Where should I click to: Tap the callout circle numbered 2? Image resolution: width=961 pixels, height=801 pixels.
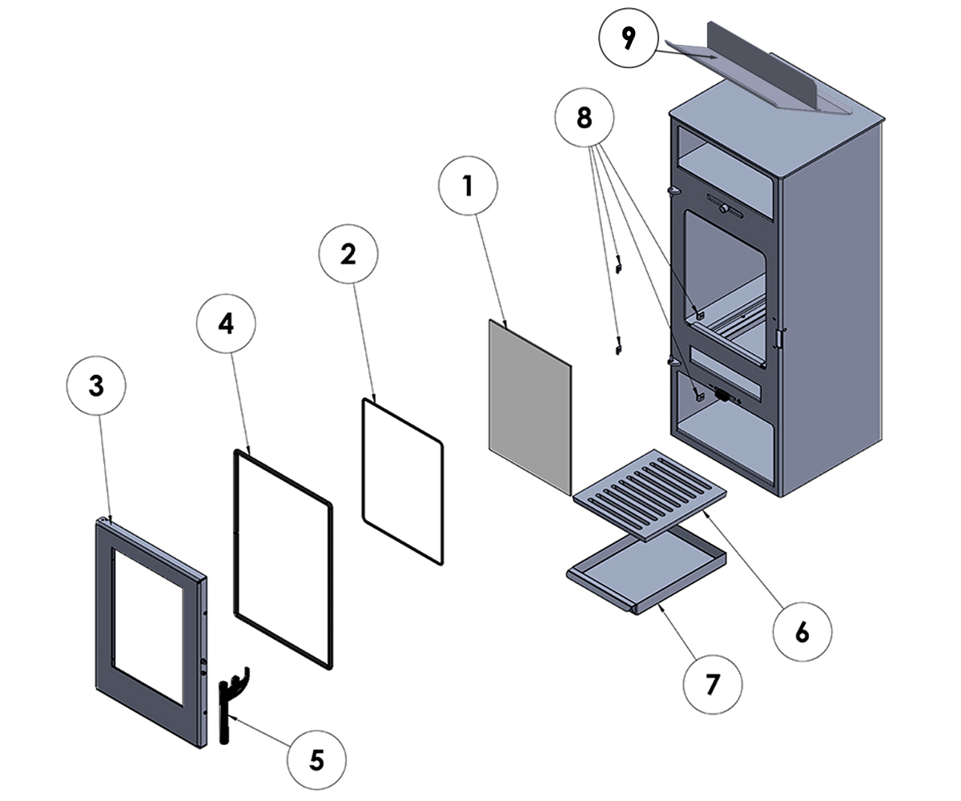[x=348, y=254]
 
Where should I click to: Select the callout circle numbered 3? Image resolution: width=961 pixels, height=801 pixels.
[x=96, y=386]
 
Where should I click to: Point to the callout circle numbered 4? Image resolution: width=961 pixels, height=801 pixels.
[x=227, y=324]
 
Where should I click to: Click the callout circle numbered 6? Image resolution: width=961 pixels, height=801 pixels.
[x=802, y=632]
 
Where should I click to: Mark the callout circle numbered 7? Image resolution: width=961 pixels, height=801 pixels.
[x=713, y=685]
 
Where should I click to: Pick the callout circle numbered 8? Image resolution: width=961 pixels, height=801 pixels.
[x=585, y=119]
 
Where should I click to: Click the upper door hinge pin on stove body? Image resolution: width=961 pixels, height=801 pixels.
[x=671, y=191]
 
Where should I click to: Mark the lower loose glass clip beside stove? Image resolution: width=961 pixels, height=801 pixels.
[x=618, y=346]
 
